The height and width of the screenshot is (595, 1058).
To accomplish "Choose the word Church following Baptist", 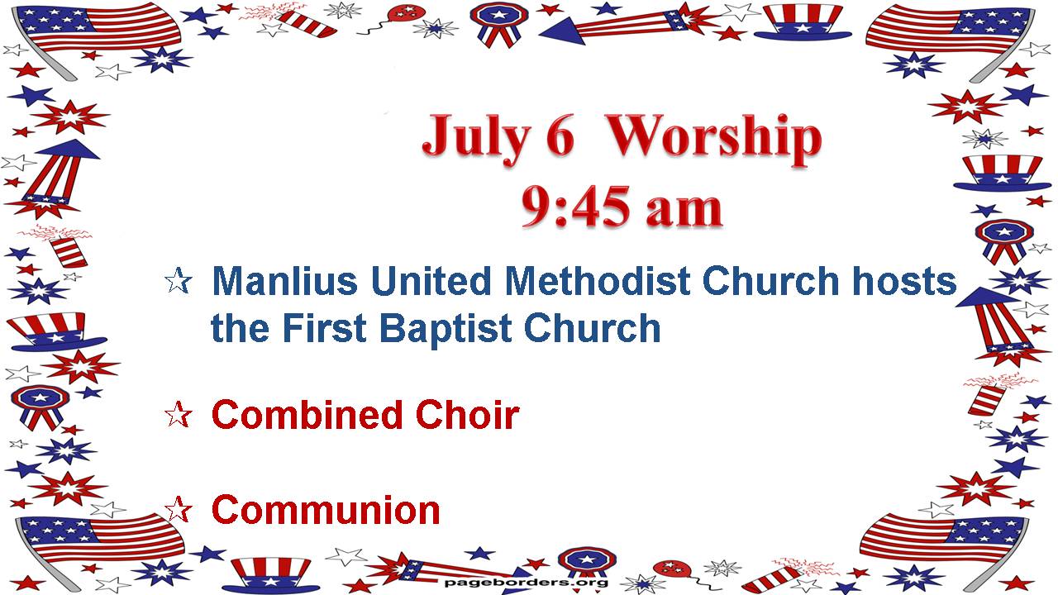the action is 593,328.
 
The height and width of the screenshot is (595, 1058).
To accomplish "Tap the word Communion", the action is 326,511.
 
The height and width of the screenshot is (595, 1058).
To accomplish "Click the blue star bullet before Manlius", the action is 179,280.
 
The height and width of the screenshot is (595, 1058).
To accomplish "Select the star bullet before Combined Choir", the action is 178,415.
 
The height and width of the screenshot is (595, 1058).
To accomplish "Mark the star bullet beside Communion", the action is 178,509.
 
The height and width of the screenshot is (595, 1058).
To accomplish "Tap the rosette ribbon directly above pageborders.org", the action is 586,562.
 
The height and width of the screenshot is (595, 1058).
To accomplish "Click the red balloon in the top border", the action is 406,14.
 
